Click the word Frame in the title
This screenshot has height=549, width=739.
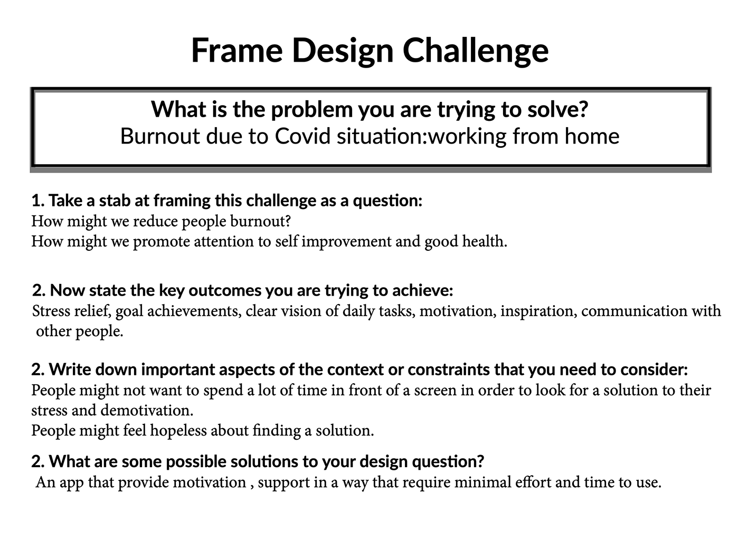point(237,50)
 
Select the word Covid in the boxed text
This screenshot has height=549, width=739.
point(302,136)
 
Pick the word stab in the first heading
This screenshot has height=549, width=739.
point(114,201)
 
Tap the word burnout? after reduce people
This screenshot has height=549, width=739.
point(260,221)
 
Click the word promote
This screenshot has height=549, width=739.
point(162,242)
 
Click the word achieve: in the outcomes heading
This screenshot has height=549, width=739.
point(422,290)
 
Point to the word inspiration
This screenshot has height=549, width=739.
point(539,311)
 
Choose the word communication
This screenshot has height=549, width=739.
point(634,311)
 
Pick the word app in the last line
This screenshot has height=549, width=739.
point(71,483)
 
